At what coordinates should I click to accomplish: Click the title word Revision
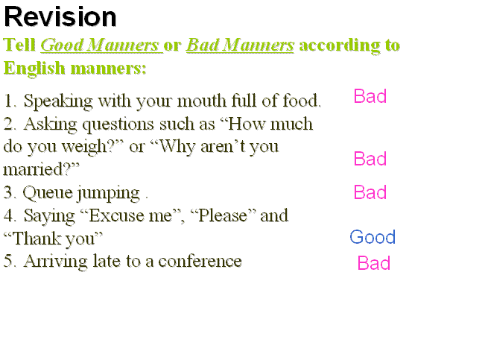(60, 17)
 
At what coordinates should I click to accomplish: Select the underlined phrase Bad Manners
(240, 45)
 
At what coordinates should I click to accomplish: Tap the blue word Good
(373, 237)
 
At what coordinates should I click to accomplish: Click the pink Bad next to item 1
(370, 96)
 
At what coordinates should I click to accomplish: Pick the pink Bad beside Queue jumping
(370, 192)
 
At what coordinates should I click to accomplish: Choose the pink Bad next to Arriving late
(374, 263)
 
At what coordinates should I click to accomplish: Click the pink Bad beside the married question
(370, 159)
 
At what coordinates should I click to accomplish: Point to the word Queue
(48, 193)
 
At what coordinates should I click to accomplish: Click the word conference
(200, 261)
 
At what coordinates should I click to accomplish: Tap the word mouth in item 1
(202, 101)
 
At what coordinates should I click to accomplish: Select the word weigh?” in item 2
(92, 146)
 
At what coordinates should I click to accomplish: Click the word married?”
(41, 169)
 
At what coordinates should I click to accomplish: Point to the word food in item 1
(302, 101)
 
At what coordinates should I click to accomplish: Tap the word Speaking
(58, 101)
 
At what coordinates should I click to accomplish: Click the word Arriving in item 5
(55, 262)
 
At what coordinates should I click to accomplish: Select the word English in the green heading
(34, 69)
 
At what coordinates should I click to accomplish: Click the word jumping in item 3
(108, 194)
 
